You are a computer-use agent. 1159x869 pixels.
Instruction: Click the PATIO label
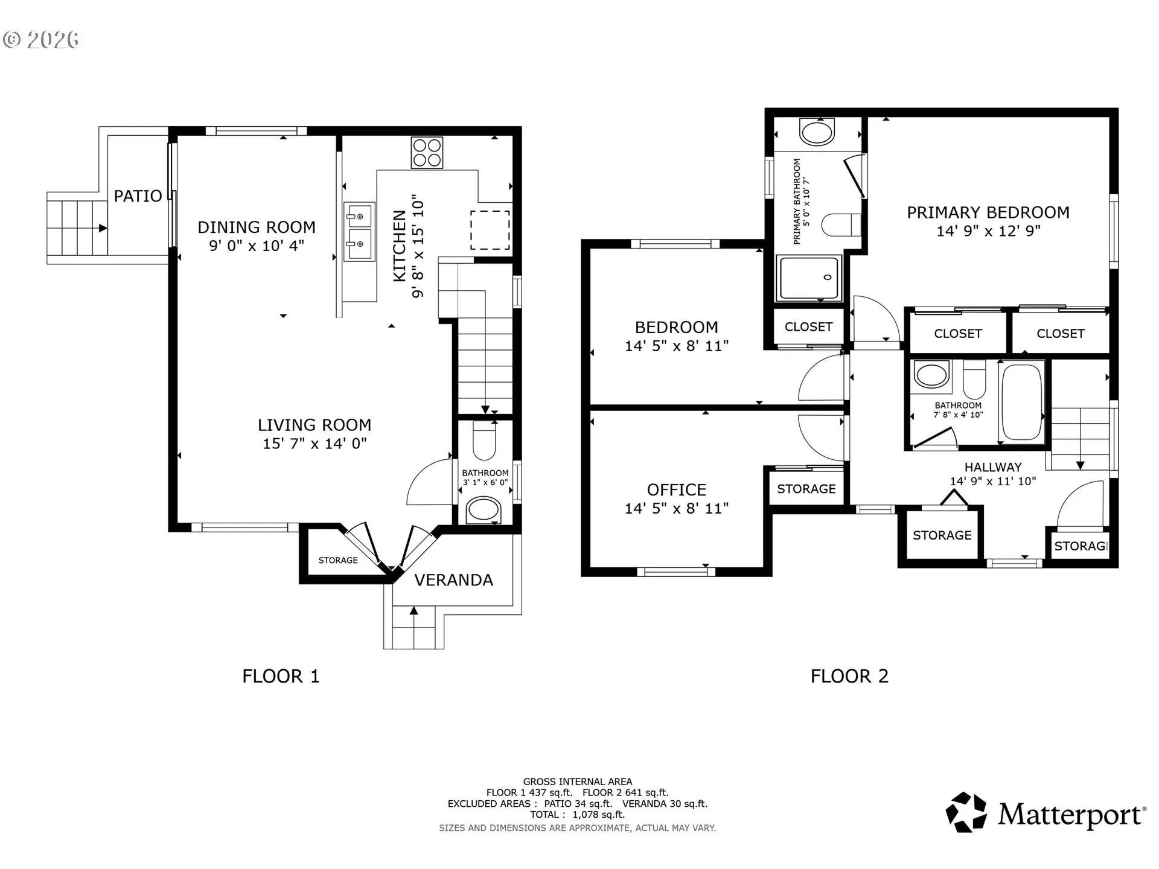138,196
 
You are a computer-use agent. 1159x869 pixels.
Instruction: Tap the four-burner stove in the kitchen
427,152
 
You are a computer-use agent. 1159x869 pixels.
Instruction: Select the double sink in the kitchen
359,232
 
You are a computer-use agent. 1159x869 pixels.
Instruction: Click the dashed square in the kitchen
490,230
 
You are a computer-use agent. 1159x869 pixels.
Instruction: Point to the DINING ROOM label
257,228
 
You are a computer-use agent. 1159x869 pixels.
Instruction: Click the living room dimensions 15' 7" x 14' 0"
314,444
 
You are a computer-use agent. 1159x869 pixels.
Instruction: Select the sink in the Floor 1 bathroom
484,510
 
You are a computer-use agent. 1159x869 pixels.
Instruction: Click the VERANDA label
454,580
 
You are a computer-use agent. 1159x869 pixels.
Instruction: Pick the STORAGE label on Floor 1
338,560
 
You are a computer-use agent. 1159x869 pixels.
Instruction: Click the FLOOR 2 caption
849,676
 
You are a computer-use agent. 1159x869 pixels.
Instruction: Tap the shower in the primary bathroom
808,278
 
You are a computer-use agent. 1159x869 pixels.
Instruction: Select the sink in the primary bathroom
817,132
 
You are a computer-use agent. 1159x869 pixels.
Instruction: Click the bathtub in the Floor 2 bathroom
1022,402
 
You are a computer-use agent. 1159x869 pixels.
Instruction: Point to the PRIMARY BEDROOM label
988,212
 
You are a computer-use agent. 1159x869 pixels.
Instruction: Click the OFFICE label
677,489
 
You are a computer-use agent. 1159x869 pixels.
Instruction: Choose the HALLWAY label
993,467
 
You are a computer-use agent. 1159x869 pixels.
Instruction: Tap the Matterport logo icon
966,812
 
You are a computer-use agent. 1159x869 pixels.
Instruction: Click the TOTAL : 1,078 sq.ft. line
577,815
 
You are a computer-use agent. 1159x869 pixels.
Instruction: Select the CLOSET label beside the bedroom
808,326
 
